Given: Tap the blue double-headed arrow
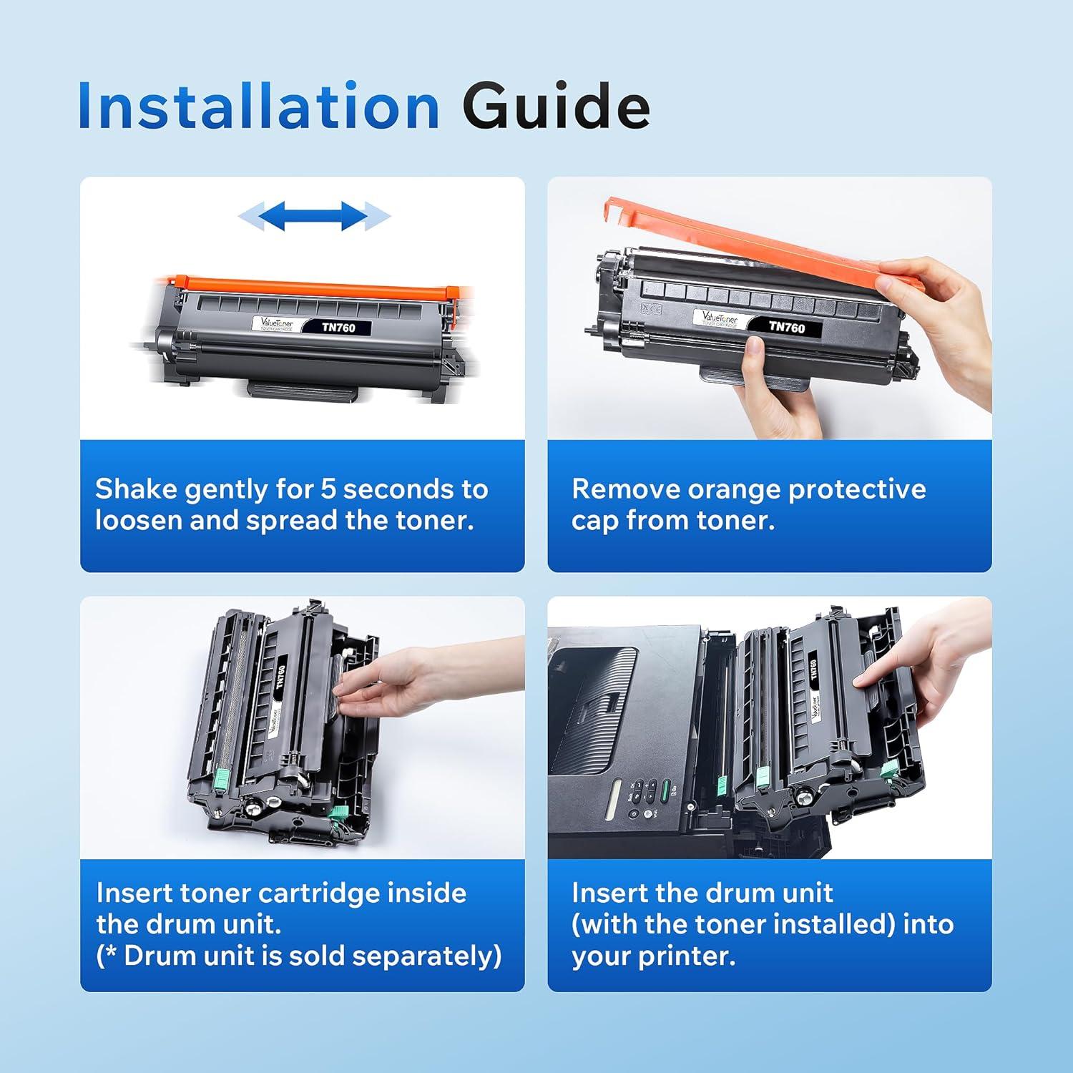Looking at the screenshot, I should [x=314, y=215].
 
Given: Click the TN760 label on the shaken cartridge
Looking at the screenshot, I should [x=338, y=328].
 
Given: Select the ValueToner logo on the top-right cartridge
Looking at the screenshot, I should [x=718, y=318].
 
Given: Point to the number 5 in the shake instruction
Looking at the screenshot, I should [x=328, y=489].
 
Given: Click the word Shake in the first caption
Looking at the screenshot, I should [x=136, y=489].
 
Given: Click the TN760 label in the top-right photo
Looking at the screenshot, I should [x=786, y=327].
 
